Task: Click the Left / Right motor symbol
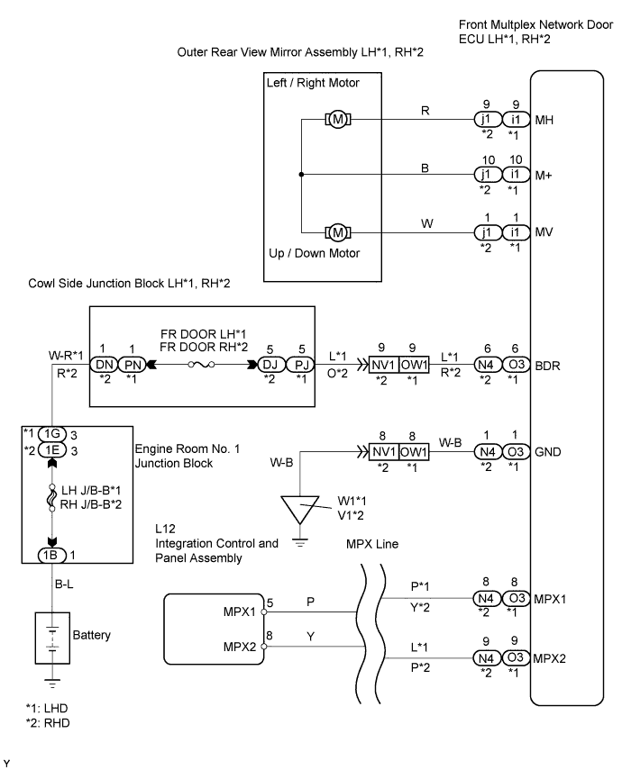[x=338, y=119]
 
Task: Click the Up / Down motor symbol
[x=338, y=232]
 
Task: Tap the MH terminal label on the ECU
[x=544, y=120]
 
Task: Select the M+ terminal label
[x=544, y=176]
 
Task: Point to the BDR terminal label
[x=547, y=366]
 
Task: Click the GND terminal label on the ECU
[x=547, y=452]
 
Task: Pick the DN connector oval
[x=104, y=365]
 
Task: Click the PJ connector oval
[x=301, y=365]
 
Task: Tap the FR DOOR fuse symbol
[x=202, y=365]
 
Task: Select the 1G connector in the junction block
[x=51, y=433]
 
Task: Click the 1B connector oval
[x=51, y=555]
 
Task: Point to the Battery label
[x=91, y=635]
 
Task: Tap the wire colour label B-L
[x=64, y=584]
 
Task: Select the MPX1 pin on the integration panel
[x=264, y=611]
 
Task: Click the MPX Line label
[x=372, y=544]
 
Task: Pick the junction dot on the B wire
[x=301, y=175]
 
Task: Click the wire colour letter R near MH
[x=425, y=111]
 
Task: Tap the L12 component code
[x=165, y=529]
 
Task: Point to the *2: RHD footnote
[x=48, y=723]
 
